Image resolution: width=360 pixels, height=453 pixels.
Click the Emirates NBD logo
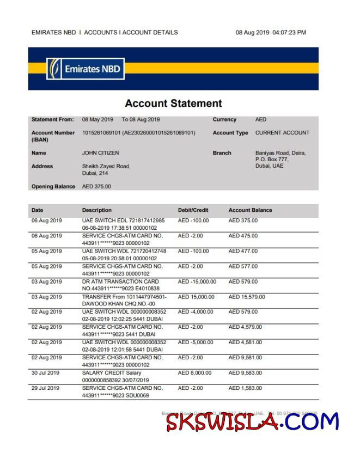(x=85, y=69)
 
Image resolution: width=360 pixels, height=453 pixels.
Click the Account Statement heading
(x=173, y=103)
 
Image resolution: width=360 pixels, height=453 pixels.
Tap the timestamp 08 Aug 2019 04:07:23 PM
(x=271, y=33)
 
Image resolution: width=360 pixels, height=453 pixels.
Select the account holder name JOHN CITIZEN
(x=100, y=153)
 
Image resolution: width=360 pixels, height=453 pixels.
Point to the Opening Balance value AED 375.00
(x=96, y=187)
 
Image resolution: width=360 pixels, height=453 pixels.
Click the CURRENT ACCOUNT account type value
(x=282, y=133)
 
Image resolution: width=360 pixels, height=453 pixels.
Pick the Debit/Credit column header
(x=193, y=210)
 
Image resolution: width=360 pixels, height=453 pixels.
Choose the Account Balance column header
(x=250, y=210)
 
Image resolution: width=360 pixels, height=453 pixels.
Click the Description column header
(x=97, y=210)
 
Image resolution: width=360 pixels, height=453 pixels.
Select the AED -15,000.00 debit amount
(x=197, y=281)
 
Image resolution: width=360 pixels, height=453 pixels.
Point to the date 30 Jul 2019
(x=46, y=373)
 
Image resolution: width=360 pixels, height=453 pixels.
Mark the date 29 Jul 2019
(x=46, y=388)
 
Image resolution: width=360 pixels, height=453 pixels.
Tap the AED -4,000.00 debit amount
(x=195, y=312)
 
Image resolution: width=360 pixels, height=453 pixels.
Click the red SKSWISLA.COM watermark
(x=252, y=422)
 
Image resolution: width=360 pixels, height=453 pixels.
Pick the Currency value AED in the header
(x=261, y=120)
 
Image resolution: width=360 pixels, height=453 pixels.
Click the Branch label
(x=222, y=153)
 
